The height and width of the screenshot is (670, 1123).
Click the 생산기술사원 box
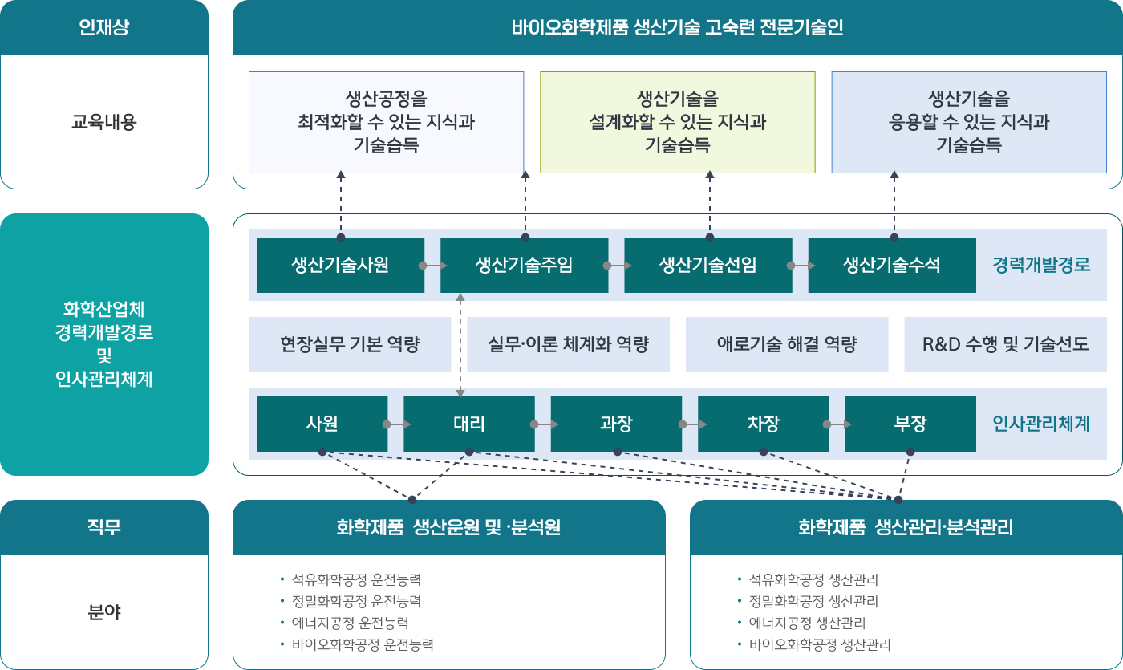pos(340,265)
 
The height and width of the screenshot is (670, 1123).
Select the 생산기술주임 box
pos(525,265)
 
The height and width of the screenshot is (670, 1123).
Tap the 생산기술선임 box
pos(708,265)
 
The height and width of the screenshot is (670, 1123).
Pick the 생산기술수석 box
pos(892,265)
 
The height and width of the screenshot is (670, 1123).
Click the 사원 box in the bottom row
pos(322,424)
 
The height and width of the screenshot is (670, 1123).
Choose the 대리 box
pos(469,424)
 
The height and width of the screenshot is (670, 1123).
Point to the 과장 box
pos(616,424)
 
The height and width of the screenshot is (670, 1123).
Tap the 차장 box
pos(764,424)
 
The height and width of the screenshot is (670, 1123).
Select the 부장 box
pos(910,424)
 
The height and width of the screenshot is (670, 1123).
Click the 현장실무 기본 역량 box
pos(350,344)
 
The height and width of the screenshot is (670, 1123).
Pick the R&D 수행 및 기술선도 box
pos(1006,344)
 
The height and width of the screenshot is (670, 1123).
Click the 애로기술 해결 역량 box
pos(787,344)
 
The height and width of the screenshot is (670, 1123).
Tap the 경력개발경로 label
pos(1041,265)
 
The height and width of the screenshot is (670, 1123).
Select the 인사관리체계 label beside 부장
pos(1041,424)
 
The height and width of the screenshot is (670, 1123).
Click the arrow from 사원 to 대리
pos(397,424)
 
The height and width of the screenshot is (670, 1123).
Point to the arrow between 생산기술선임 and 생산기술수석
pos(801,266)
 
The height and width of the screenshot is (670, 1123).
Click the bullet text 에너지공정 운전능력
pos(351,623)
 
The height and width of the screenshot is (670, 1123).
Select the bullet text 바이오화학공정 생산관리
pos(820,644)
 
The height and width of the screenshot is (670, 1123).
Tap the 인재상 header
pos(104,27)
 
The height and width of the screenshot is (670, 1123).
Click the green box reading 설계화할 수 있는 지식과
pos(678,122)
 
